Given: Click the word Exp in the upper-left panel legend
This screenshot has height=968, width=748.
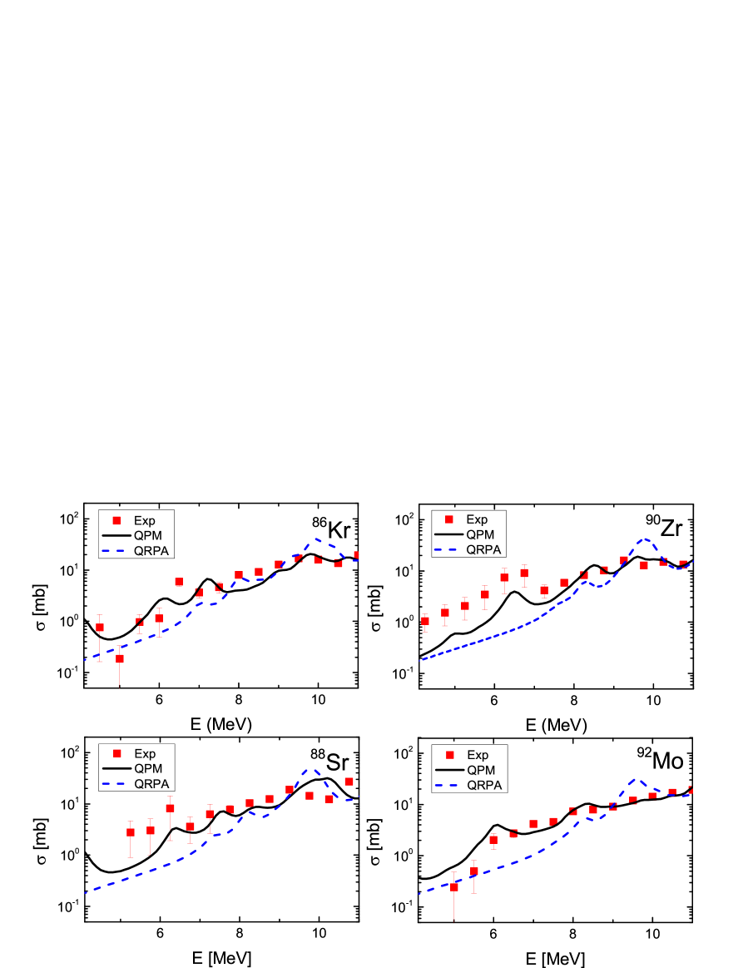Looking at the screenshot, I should (144, 521).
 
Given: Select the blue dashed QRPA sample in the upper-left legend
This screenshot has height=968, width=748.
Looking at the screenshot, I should (115, 550).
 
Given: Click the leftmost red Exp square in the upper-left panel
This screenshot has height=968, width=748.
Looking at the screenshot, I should (100, 628).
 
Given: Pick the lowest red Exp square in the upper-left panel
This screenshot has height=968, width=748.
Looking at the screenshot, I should (120, 658).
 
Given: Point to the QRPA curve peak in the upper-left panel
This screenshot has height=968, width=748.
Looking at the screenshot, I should (316, 539).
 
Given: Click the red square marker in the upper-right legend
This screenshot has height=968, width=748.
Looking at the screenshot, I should (448, 519).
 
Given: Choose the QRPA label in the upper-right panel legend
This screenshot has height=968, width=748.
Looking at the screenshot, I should (483, 549).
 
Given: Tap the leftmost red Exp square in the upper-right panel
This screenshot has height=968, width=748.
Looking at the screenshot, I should (425, 621).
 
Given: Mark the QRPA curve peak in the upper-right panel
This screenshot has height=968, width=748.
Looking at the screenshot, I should (643, 539).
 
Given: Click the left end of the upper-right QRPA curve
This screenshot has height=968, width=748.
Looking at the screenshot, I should (422, 660).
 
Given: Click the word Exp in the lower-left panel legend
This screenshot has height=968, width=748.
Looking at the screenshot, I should (144, 754).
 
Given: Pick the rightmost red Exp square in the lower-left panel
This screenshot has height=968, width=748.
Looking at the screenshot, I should (349, 782).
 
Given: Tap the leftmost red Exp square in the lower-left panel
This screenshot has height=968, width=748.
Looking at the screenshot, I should (131, 832).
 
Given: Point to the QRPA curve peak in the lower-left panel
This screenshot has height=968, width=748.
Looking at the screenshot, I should (312, 770).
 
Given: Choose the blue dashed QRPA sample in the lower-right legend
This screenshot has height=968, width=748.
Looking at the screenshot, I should (449, 785).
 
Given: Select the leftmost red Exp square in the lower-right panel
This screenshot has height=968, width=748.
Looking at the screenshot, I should (454, 887).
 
